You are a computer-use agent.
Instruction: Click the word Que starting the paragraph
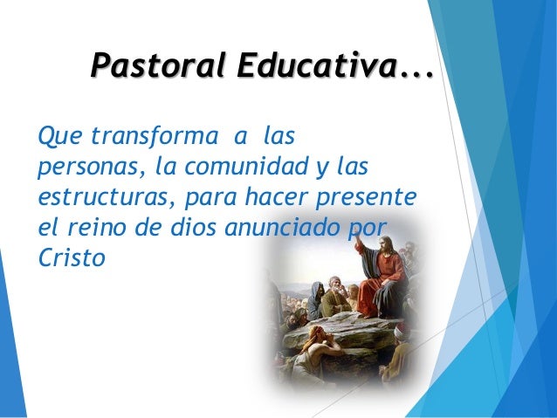pos(50,138)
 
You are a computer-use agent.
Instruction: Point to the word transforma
pos(144,138)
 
